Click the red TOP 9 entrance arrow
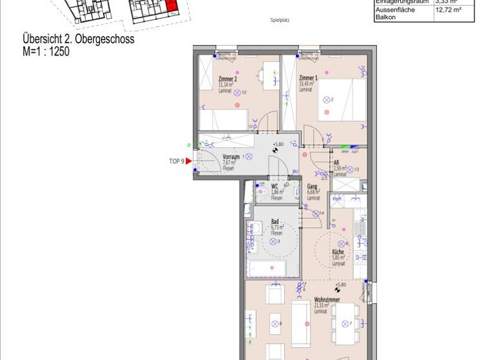tap(188, 161)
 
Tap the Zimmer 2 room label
tap(219, 79)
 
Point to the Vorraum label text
tap(231, 157)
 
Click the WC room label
tap(275, 187)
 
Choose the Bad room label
tap(275, 221)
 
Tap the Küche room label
tap(338, 253)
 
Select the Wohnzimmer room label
tap(327, 300)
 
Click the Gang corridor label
tap(312, 186)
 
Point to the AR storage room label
tap(336, 163)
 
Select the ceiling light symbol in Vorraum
tap(249, 156)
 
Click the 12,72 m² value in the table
tap(448, 10)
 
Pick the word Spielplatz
tap(280, 21)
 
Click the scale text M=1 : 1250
tap(46, 51)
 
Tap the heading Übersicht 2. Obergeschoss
tap(78, 40)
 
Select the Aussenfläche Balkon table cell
tap(395, 14)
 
